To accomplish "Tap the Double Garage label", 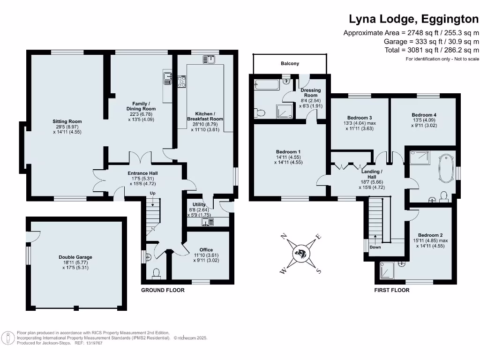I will pyautogui.click(x=75, y=257).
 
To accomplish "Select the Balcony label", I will pyautogui.click(x=290, y=63).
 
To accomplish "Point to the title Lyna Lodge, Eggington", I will pyautogui.click(x=414, y=19).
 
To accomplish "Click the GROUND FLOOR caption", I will pyautogui.click(x=163, y=290).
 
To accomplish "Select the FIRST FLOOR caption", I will pyautogui.click(x=391, y=290).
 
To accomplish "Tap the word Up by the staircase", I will pyautogui.click(x=152, y=193).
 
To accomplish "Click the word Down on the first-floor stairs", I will pyautogui.click(x=375, y=247).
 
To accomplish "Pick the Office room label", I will pyautogui.click(x=206, y=250).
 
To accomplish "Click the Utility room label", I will pyautogui.click(x=195, y=205).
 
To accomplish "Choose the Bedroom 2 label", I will pyautogui.click(x=430, y=235).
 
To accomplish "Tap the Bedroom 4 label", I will pyautogui.click(x=424, y=115).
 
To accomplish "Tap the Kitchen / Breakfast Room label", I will pyautogui.click(x=205, y=116).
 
